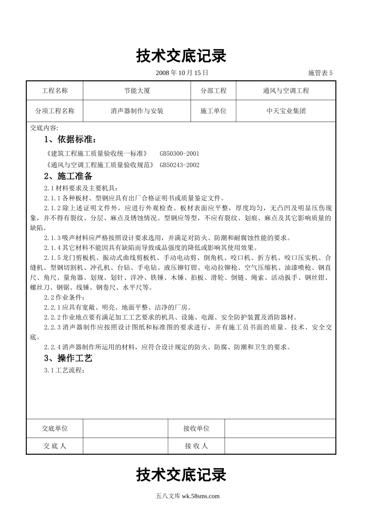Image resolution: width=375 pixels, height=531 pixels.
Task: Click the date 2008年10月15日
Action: click(182, 73)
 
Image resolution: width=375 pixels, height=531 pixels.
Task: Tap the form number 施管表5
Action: click(320, 73)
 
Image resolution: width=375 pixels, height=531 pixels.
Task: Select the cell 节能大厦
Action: click(137, 91)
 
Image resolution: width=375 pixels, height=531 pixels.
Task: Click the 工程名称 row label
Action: click(55, 91)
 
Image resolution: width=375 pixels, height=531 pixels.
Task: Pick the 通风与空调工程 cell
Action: click(286, 91)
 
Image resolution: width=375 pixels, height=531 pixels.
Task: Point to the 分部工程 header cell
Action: click(214, 91)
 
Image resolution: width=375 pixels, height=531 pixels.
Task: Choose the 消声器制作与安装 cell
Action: click(137, 111)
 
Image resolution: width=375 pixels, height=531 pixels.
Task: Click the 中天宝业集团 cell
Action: click(286, 111)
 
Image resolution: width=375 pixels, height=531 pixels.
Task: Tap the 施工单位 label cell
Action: click(214, 111)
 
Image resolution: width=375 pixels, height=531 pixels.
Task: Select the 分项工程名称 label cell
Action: click(55, 111)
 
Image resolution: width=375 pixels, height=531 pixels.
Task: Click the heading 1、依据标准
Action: click(70, 139)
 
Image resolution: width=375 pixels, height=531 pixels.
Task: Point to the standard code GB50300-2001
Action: click(180, 154)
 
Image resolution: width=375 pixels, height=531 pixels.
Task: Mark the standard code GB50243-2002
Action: click(180, 165)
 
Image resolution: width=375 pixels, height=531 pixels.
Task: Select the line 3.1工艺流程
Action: click(64, 370)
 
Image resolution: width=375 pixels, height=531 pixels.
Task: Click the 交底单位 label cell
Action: click(55, 428)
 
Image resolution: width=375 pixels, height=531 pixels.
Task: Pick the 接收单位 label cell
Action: click(196, 428)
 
